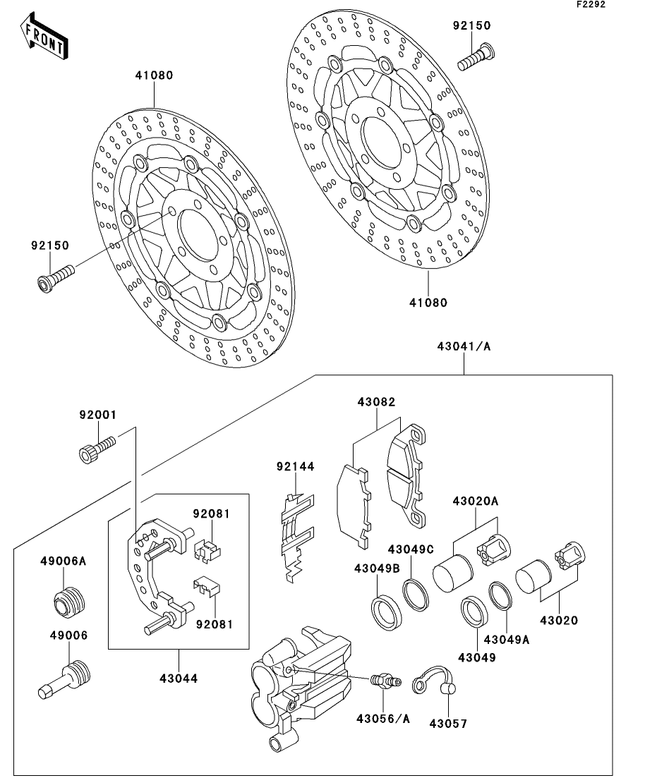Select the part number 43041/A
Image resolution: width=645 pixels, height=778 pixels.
pos(464,346)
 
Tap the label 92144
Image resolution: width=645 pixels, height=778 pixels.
pos(295,466)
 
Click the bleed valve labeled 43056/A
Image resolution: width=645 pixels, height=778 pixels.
pos(384,681)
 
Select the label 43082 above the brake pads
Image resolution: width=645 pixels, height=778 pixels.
pos(376,403)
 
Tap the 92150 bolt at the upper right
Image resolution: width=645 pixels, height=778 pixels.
pos(477,56)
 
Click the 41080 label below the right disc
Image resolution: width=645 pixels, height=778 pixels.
pos(428,303)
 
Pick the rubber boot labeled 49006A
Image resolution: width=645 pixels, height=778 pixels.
pos(69,600)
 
